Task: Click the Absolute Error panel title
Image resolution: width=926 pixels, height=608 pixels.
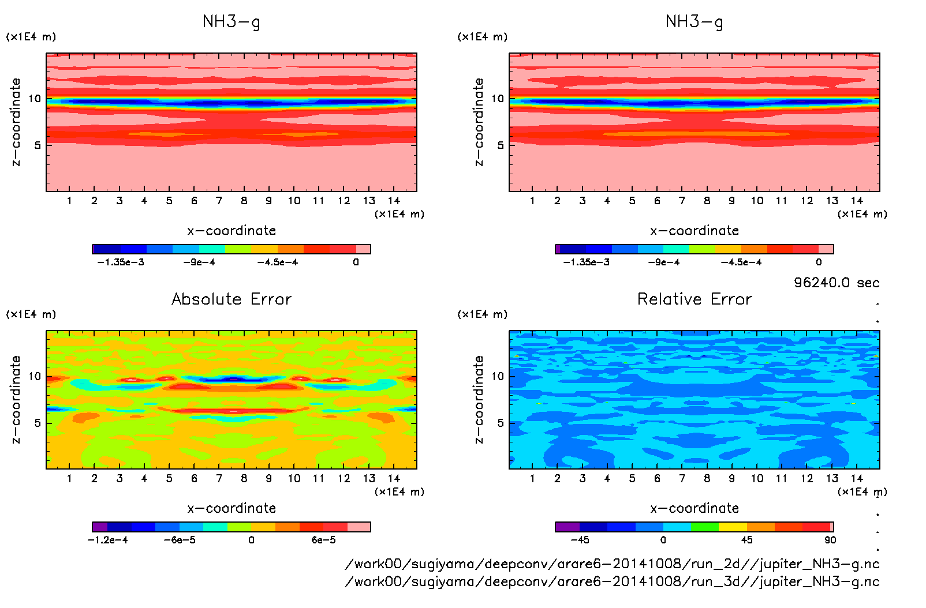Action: coord(231,299)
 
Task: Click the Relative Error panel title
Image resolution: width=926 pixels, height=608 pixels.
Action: coord(694,299)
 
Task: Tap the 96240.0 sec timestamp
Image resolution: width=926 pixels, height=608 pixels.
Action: coord(837,283)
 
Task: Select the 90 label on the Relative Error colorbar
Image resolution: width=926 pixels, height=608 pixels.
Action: coord(830,540)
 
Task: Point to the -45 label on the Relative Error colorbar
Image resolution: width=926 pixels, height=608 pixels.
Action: coord(580,540)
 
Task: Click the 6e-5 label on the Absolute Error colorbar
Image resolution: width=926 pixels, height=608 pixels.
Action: coord(323,540)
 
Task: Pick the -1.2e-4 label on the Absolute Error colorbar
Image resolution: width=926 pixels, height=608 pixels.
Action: coord(107,540)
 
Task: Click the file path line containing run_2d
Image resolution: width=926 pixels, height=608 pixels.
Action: coord(612,564)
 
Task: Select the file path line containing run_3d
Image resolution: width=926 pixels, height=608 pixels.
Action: coord(612,581)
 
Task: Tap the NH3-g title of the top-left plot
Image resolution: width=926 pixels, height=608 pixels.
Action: coord(231,22)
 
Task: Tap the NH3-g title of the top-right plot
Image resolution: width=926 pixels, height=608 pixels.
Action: coord(694,22)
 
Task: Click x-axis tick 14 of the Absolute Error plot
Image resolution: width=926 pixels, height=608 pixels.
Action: coord(394,478)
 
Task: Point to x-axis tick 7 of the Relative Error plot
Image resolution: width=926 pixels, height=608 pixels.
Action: coord(682,478)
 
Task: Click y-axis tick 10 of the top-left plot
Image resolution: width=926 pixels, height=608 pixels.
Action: coord(35,99)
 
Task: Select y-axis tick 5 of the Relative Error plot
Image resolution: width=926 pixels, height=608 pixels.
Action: coord(500,423)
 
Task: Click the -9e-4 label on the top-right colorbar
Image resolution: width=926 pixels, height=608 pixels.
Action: coord(663,262)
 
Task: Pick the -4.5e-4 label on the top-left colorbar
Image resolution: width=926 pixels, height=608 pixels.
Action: coord(278,262)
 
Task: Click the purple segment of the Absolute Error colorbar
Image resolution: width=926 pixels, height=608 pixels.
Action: coord(100,527)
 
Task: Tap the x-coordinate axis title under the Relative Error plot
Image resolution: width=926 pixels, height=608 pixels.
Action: coord(694,508)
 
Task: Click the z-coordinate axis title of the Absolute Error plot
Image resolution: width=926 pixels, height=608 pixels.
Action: coord(16,399)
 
